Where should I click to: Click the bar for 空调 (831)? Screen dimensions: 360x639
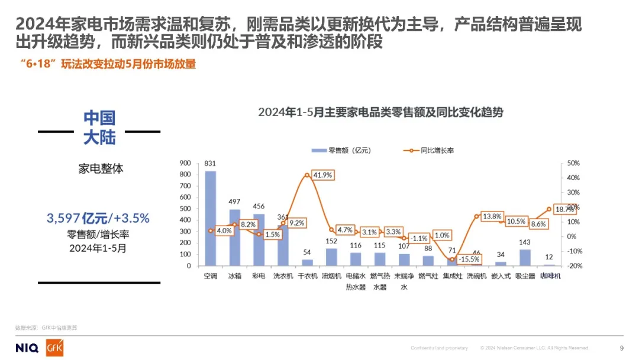coord(211,218)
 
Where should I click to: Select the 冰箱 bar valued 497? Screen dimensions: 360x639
coord(235,237)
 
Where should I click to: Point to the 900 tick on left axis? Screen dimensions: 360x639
coord(185,163)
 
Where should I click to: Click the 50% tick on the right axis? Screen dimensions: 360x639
coord(573,163)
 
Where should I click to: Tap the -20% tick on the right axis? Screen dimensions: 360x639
coord(573,266)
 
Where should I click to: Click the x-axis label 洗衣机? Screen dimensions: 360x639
coord(283,276)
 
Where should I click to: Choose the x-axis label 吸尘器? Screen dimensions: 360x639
coord(525,276)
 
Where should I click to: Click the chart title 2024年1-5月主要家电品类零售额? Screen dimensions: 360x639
coord(380,112)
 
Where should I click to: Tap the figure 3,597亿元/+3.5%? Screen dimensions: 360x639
coord(98,218)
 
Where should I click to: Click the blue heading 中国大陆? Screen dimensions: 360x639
coord(99,127)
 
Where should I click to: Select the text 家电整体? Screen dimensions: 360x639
coord(101,169)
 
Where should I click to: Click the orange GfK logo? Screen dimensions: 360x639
coord(54,348)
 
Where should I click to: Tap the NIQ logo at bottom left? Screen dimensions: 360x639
coord(27,348)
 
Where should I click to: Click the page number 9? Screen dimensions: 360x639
coord(621,348)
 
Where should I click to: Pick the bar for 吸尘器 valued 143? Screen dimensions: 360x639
coord(524,258)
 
